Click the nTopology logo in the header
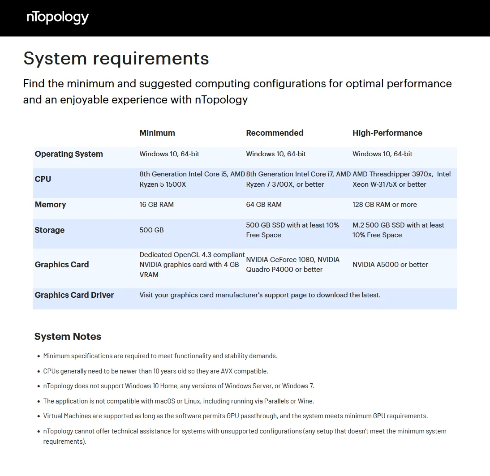[x=58, y=17]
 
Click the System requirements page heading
[x=116, y=59]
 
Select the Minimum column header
[x=157, y=133]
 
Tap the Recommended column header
[x=275, y=133]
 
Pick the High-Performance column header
[x=387, y=133]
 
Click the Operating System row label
[x=69, y=154]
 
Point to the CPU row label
[x=43, y=179]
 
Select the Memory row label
[x=50, y=205]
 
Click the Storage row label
[x=50, y=230]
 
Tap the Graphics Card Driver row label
[x=74, y=295]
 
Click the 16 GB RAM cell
[x=156, y=205]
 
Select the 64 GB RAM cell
[x=264, y=205]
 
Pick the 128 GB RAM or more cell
[x=384, y=205]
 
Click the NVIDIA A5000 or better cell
[x=390, y=265]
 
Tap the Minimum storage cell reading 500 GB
[x=151, y=230]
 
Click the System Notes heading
[x=68, y=337]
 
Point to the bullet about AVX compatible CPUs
[x=155, y=371]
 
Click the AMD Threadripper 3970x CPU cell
[x=401, y=179]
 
